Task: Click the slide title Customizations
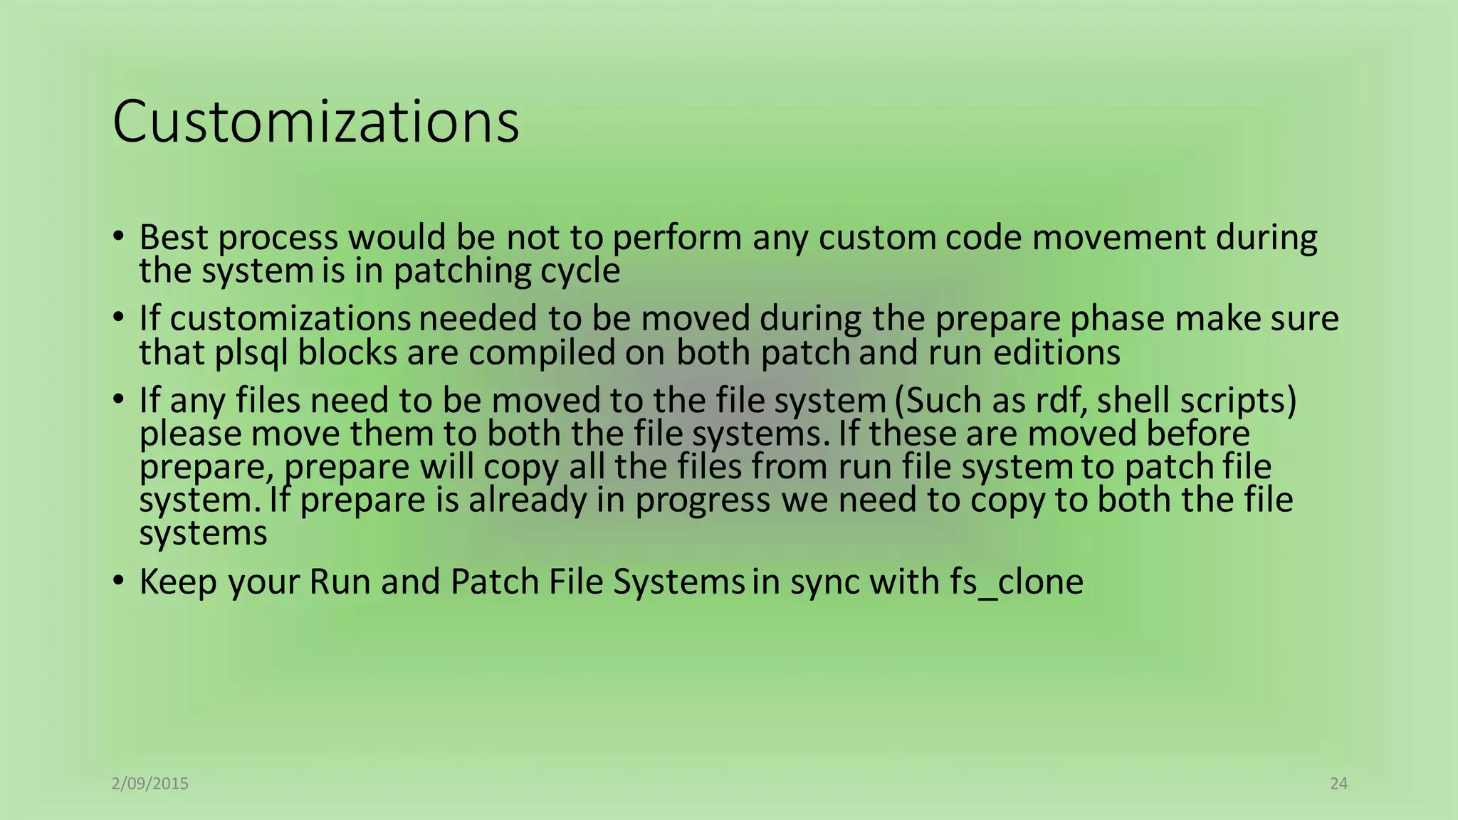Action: point(315,122)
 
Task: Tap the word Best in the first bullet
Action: point(174,237)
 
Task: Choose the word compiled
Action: point(542,352)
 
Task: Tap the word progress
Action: point(703,501)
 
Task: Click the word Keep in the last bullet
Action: point(178,582)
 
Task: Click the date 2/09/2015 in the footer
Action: point(150,784)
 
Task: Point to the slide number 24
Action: point(1338,784)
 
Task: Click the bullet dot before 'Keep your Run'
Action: point(119,581)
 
